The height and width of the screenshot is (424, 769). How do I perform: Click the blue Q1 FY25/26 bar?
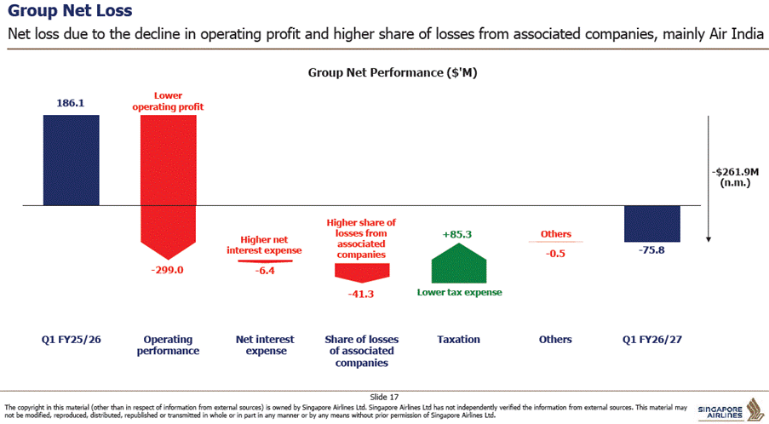pyautogui.click(x=72, y=160)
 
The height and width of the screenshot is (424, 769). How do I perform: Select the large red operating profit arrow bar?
pyautogui.click(x=169, y=186)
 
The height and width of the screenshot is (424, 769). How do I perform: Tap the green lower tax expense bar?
pyautogui.click(x=458, y=263)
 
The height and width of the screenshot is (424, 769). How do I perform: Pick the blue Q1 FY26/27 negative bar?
pyautogui.click(x=651, y=224)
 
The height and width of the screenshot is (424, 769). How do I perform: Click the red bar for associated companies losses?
pyautogui.click(x=362, y=273)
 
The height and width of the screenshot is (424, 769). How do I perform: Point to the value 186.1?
pyautogui.click(x=70, y=103)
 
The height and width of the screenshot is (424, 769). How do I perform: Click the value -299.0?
pyautogui.click(x=167, y=270)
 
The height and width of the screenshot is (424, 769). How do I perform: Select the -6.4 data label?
pyautogui.click(x=265, y=271)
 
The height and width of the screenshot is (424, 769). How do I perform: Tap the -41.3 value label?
pyautogui.click(x=361, y=294)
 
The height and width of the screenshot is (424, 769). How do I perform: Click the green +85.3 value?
pyautogui.click(x=457, y=234)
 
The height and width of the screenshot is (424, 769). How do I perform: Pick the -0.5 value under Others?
pyautogui.click(x=555, y=254)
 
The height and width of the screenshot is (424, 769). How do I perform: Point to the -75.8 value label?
pyautogui.click(x=651, y=250)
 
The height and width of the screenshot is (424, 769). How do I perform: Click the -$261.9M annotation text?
pyautogui.click(x=735, y=172)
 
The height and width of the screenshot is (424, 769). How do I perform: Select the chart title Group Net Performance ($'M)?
pyautogui.click(x=393, y=72)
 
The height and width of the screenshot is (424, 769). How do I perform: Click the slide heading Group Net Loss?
pyautogui.click(x=70, y=11)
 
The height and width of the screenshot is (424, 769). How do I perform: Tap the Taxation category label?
pyautogui.click(x=458, y=339)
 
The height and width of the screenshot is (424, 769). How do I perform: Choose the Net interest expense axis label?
pyautogui.click(x=266, y=345)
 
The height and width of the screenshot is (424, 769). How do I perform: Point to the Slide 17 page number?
pyautogui.click(x=385, y=397)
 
